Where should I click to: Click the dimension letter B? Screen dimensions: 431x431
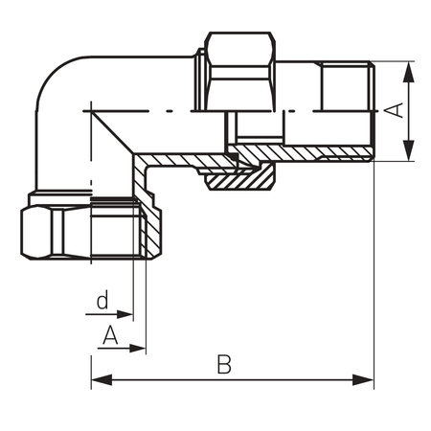tap(224, 364)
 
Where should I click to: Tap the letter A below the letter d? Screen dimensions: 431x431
tap(110, 335)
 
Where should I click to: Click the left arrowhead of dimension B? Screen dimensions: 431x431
tap(102, 380)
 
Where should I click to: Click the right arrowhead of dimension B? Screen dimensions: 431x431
tap(363, 380)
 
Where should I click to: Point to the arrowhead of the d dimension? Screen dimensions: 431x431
tap(125, 314)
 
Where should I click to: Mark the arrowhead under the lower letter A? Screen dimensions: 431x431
tap(138, 349)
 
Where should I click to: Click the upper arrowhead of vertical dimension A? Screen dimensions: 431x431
tap(409, 72)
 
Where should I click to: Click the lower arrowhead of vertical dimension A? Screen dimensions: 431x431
tap(409, 150)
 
